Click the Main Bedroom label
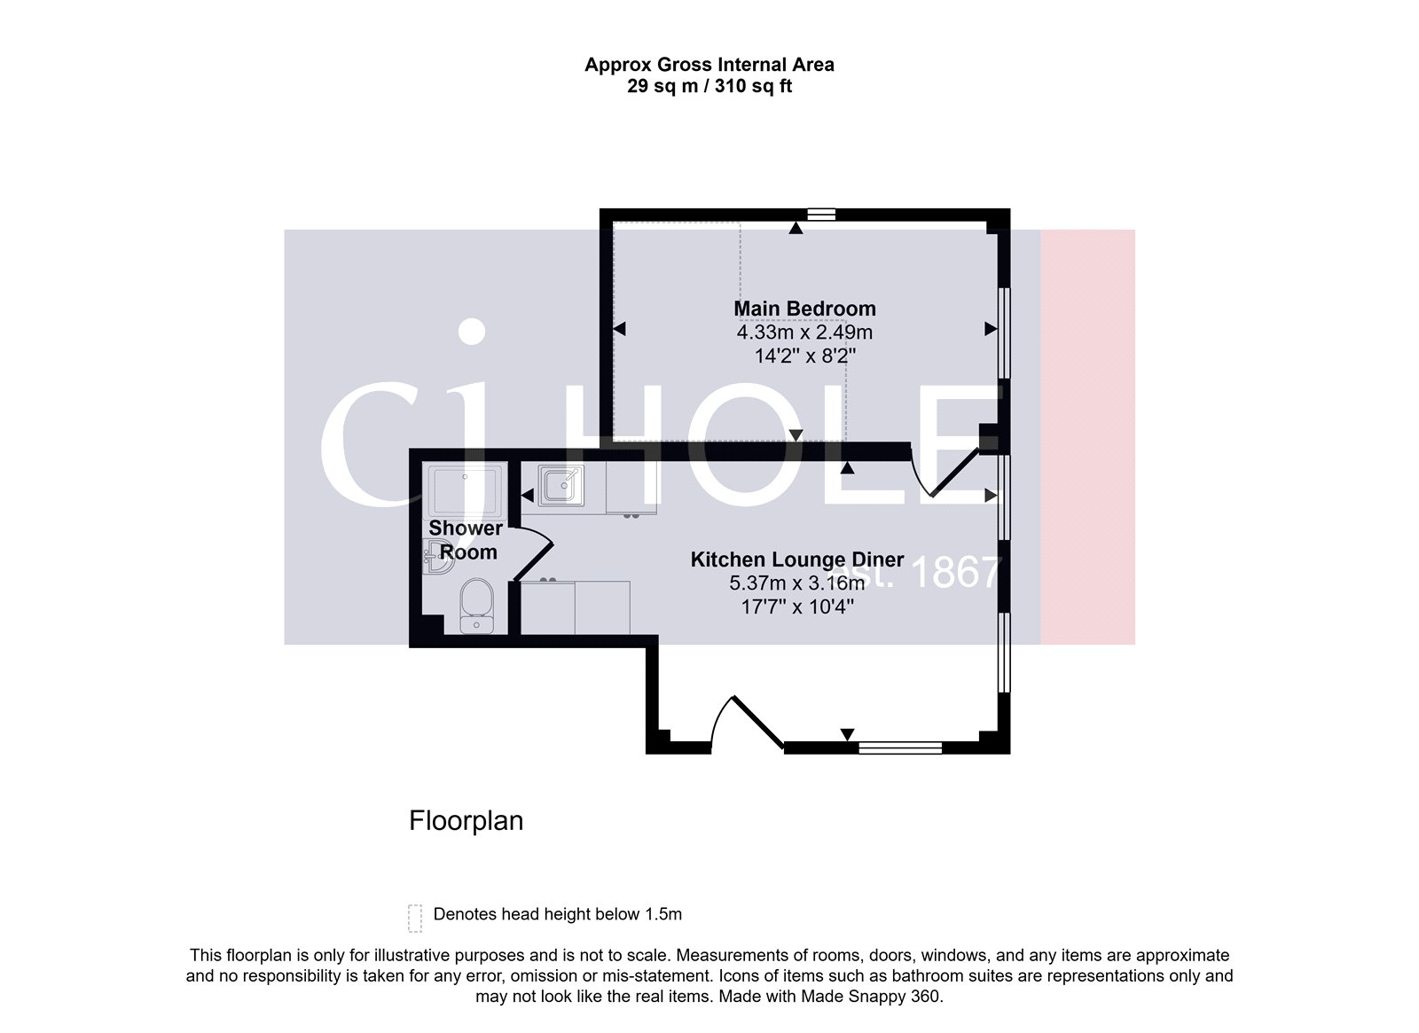point(804,309)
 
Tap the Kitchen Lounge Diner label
point(796,560)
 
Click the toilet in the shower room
point(476,606)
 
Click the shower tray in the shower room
point(466,488)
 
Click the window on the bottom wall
point(900,748)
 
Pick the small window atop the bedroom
point(822,214)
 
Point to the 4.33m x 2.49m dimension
point(804,333)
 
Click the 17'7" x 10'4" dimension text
point(796,607)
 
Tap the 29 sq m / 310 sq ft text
point(709,87)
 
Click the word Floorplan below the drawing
point(466,820)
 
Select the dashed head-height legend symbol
point(414,918)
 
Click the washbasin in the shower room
point(437,559)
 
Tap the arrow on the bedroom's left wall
point(619,329)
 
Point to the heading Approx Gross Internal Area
point(709,64)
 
